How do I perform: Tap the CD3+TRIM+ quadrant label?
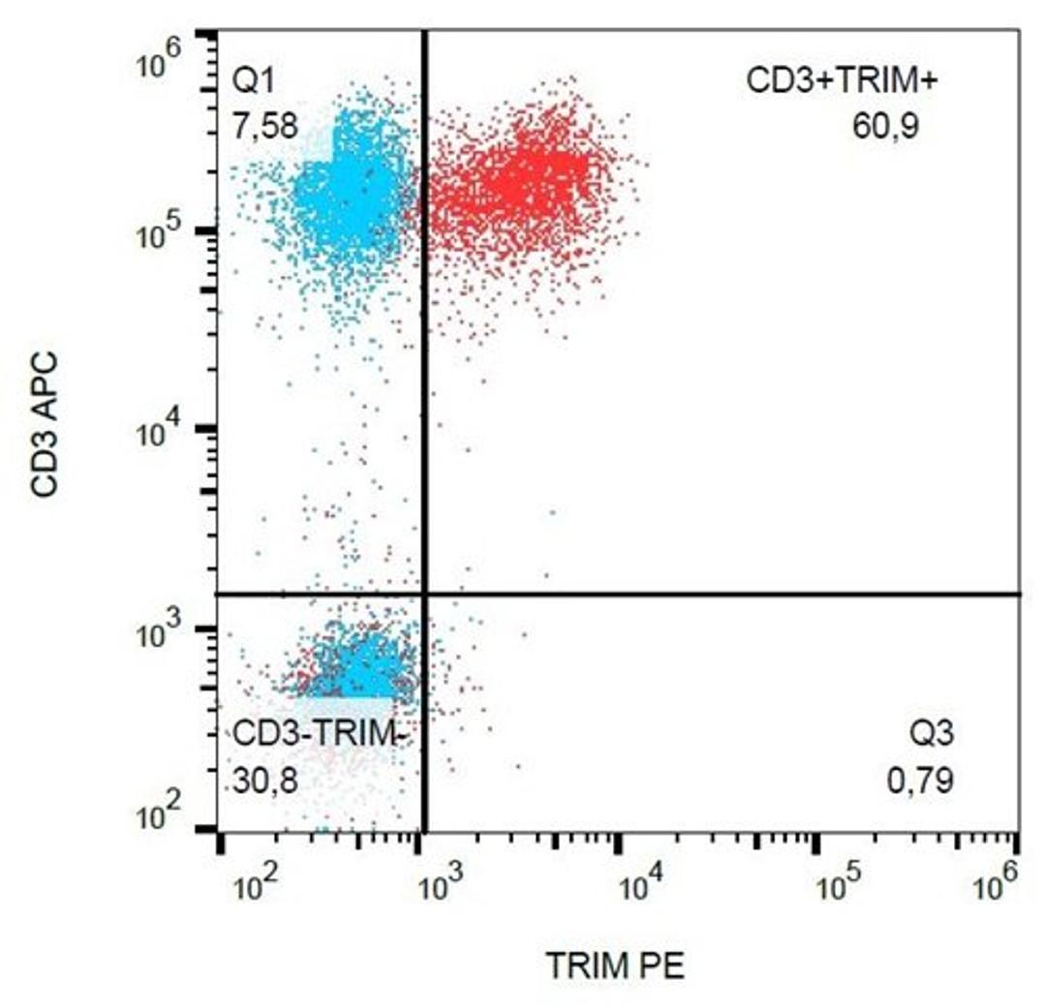pyautogui.click(x=842, y=81)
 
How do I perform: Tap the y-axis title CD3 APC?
pyautogui.click(x=45, y=425)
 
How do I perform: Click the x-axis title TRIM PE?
pyautogui.click(x=615, y=965)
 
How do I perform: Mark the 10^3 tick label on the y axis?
pyautogui.click(x=161, y=635)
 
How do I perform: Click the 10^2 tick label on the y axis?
pyautogui.click(x=161, y=820)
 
